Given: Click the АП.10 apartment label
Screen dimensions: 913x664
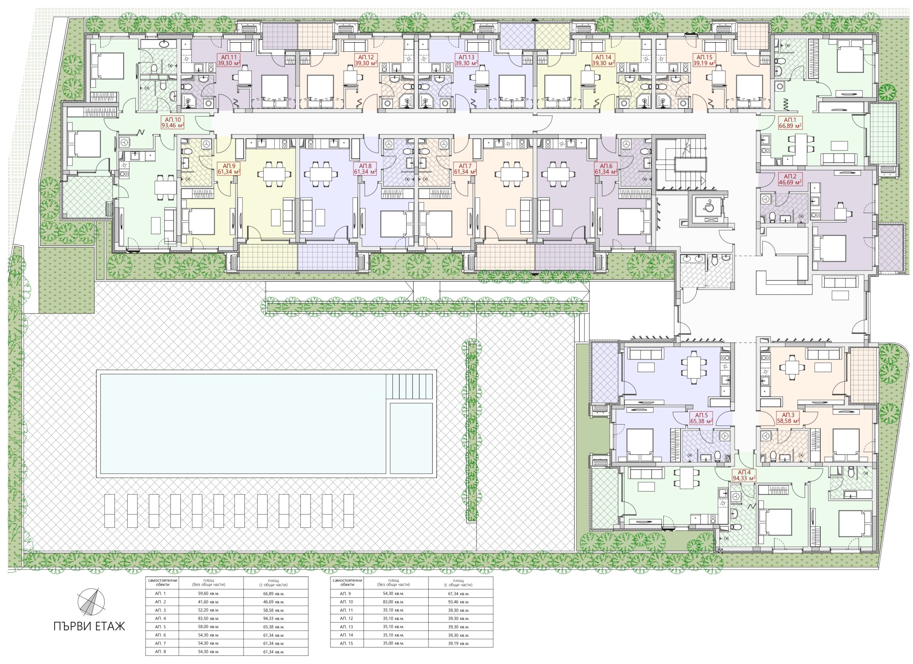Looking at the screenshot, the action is [173, 122].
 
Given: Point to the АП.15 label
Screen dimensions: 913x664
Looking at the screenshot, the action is [704, 60].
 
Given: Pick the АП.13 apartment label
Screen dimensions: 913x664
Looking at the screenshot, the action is [466, 60].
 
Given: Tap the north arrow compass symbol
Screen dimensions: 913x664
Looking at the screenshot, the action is [91, 602].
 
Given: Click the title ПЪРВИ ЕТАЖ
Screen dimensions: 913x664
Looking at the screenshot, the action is [89, 627].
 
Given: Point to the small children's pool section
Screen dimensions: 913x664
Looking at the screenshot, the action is [411, 438].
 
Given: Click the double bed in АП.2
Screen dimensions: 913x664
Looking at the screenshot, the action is [830, 248].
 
